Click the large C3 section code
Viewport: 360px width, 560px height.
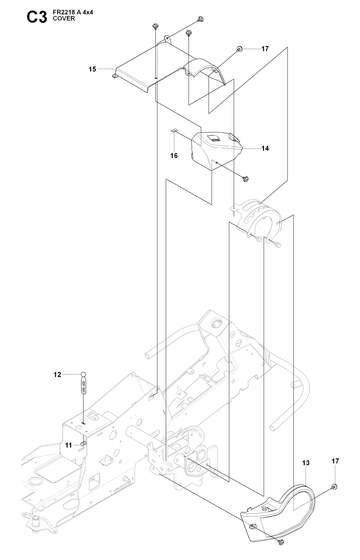(x=37, y=16)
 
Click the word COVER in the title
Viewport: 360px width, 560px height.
(x=64, y=19)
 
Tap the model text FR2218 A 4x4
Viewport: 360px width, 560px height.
(x=73, y=12)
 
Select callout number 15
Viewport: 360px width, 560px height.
(x=92, y=69)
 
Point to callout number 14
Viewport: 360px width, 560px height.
(x=265, y=149)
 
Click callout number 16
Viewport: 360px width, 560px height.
(x=174, y=156)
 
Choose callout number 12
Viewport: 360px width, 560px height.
(x=58, y=375)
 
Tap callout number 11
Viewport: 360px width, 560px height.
(x=68, y=445)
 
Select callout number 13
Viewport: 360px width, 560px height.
(x=306, y=463)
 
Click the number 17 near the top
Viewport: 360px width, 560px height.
(x=265, y=49)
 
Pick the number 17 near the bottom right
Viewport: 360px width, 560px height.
(x=335, y=461)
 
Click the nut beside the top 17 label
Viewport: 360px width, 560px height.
(x=240, y=49)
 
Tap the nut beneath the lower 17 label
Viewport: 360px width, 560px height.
(x=335, y=486)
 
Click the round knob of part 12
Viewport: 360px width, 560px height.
(x=83, y=374)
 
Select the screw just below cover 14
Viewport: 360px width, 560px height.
(x=245, y=179)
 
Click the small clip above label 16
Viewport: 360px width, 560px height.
(x=174, y=131)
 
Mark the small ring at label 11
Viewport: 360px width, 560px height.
(x=83, y=444)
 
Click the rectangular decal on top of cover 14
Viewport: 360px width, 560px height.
(x=214, y=139)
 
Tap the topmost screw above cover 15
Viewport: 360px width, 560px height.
(x=201, y=19)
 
